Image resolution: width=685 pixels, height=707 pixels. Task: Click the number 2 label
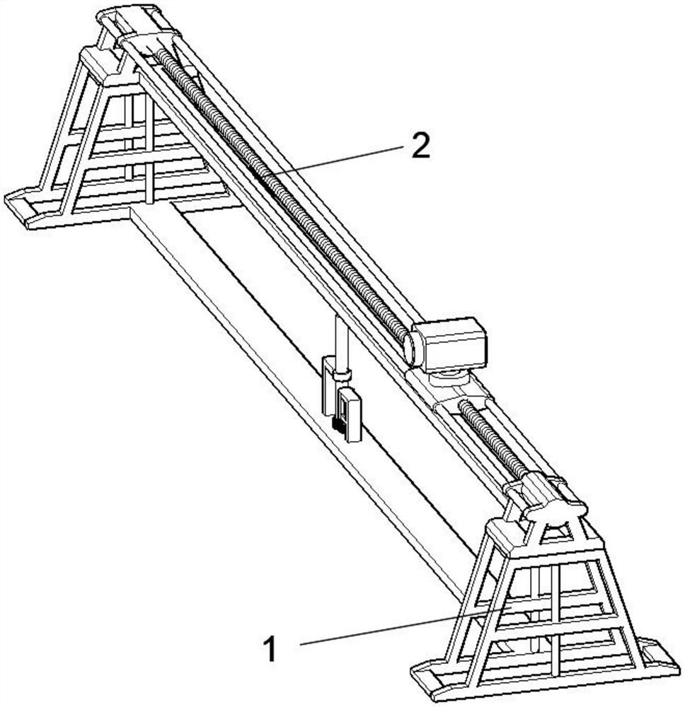pos(420,146)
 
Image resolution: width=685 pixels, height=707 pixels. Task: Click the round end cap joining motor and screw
pos(412,347)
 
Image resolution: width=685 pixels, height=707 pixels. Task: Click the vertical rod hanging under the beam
pos(342,343)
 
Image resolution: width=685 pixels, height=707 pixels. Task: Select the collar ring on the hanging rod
pos(342,375)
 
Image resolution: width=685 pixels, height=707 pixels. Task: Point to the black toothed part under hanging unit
pos(338,423)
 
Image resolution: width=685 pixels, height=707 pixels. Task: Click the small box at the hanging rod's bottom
pos(350,415)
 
